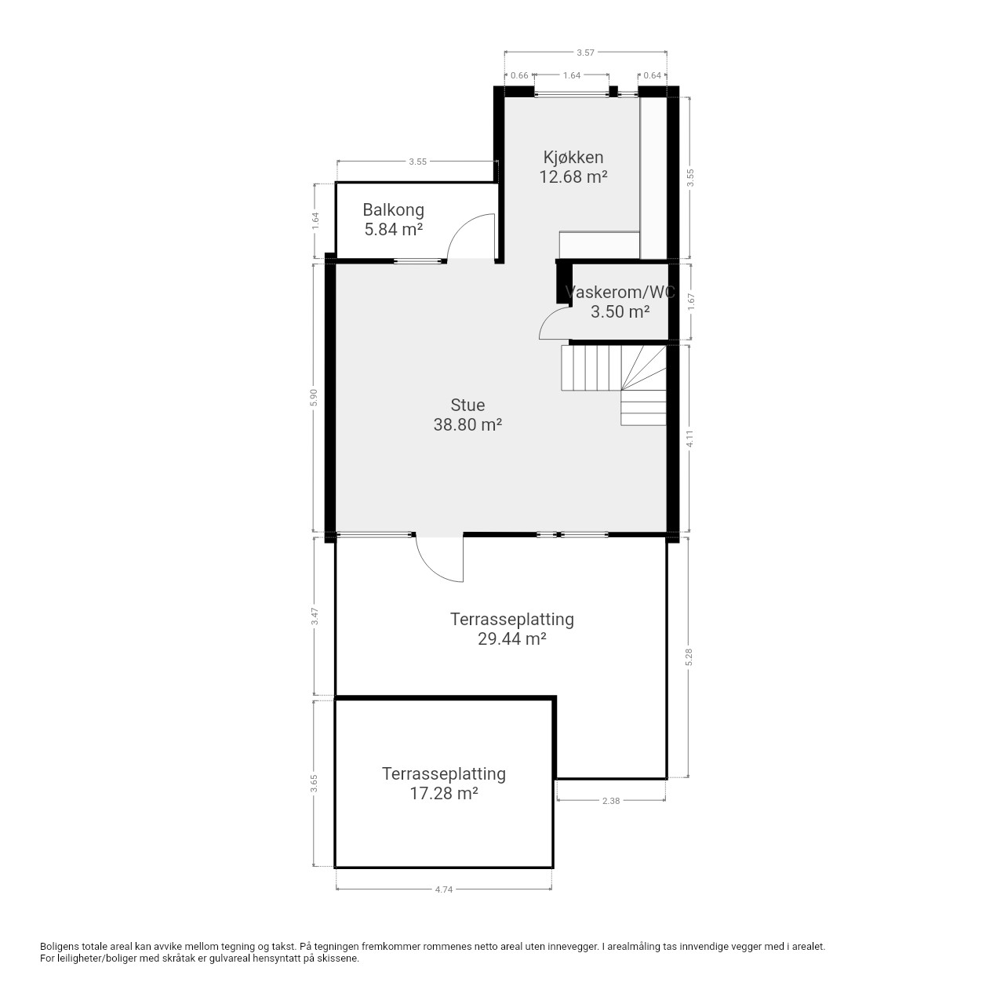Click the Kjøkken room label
(573, 158)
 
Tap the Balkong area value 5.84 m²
(394, 230)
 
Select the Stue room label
(467, 406)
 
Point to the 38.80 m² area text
(467, 425)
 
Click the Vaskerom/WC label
(620, 293)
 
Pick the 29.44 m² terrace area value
(511, 639)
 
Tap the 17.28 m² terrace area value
(444, 794)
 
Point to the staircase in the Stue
(613, 385)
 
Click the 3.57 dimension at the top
(585, 53)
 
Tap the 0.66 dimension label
(519, 75)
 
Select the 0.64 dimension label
(652, 75)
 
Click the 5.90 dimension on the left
(315, 398)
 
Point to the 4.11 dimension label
(689, 438)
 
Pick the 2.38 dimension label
(610, 801)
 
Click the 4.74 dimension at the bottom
(444, 889)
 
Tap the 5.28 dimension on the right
(689, 657)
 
